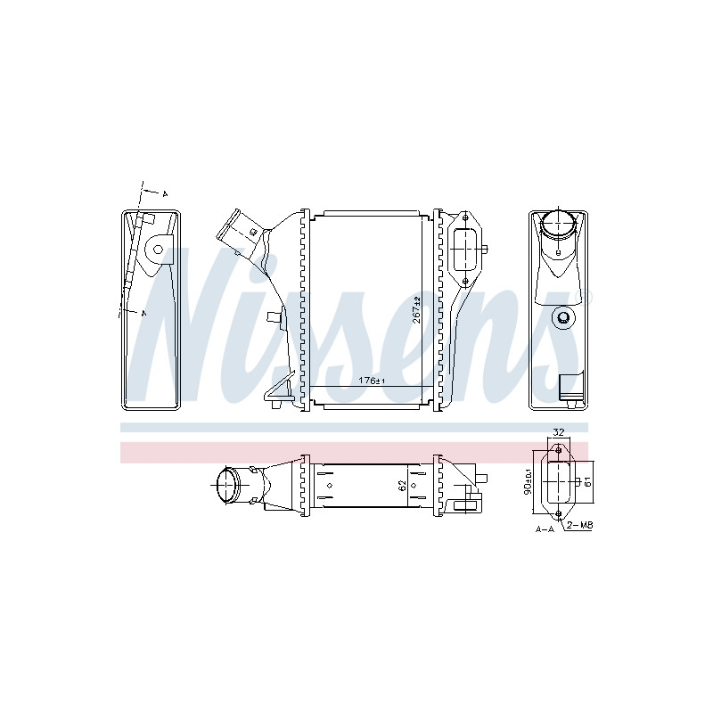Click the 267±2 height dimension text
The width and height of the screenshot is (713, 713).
tap(416, 309)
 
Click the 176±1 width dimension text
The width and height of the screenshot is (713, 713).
tap(372, 381)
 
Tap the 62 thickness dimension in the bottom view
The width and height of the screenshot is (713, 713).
tap(402, 486)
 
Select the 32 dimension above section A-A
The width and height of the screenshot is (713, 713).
tap(559, 432)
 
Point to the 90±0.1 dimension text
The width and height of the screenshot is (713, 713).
tap(528, 481)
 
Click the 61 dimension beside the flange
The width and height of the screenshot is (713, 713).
tap(587, 482)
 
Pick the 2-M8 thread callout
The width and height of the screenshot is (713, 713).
tap(580, 525)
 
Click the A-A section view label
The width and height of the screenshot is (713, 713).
tap(545, 529)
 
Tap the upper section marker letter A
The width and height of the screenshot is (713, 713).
tap(165, 194)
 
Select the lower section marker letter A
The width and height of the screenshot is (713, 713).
tap(144, 313)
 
